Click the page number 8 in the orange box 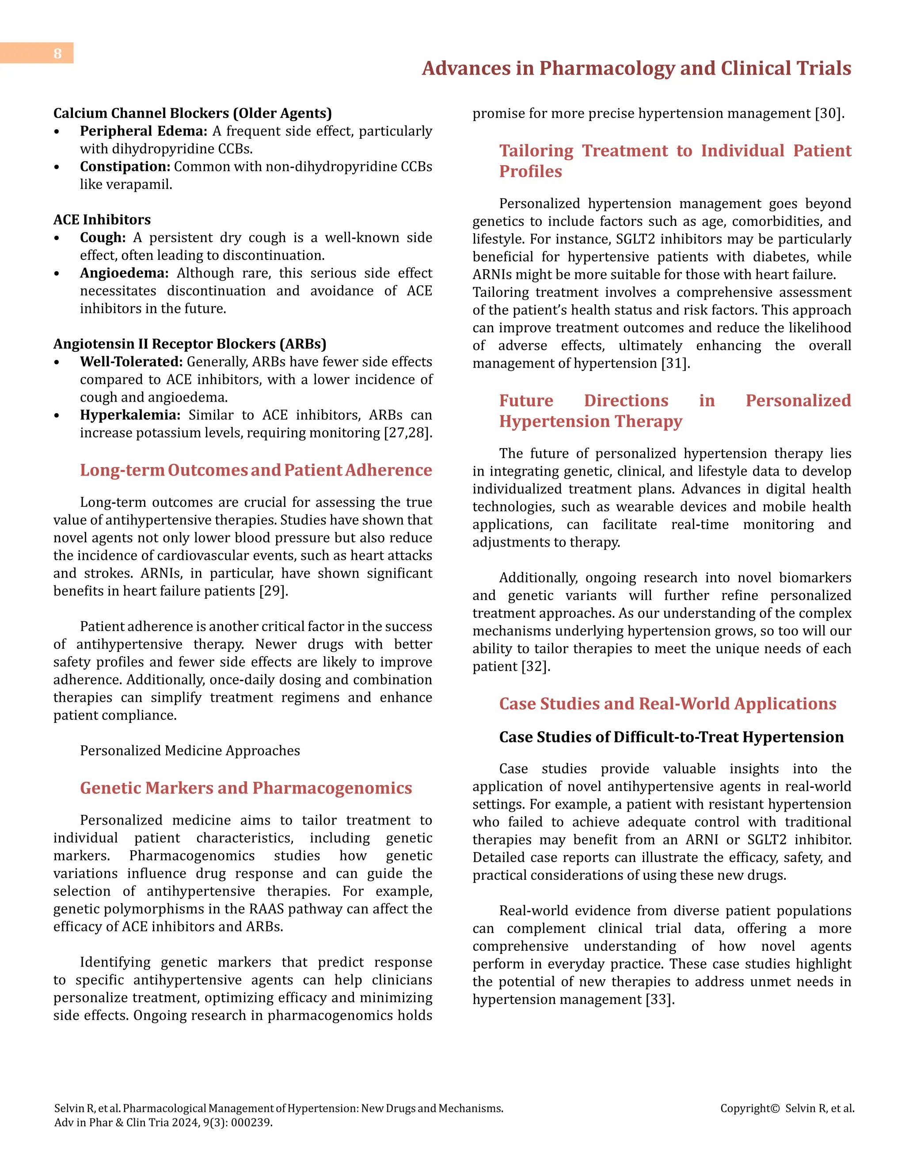point(57,53)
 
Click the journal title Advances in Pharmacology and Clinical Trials point(636,68)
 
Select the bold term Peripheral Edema point(143,131)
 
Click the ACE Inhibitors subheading point(102,219)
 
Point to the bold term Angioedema point(124,273)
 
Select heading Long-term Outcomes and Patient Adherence point(256,470)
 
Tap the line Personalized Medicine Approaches point(190,751)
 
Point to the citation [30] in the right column point(829,114)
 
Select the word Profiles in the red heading point(530,171)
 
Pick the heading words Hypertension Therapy point(590,422)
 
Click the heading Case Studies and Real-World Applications point(668,703)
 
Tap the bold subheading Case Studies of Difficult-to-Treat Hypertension point(671,737)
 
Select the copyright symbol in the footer point(775,1108)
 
